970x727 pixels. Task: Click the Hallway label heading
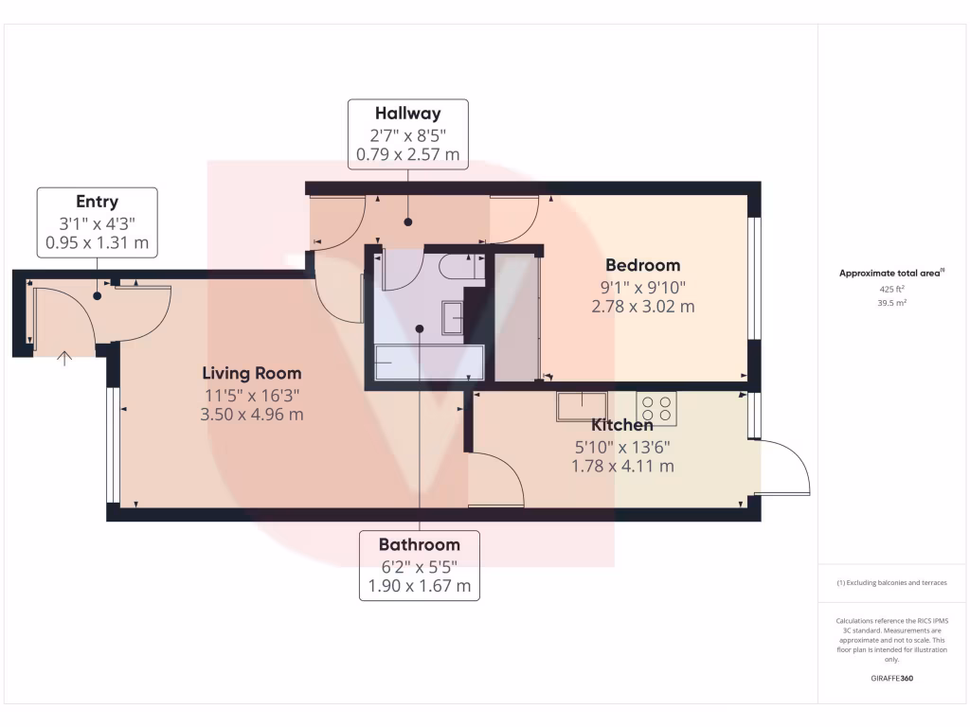click(x=408, y=114)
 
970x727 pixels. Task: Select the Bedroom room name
click(x=643, y=265)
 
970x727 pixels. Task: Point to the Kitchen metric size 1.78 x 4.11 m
click(x=622, y=466)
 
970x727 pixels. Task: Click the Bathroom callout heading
click(x=419, y=544)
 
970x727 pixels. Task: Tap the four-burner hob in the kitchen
click(x=656, y=408)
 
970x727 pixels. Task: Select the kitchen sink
click(x=582, y=406)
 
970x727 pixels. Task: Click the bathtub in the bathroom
click(x=429, y=362)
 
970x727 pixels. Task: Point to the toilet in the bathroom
click(x=463, y=268)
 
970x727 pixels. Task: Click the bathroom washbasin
click(x=453, y=317)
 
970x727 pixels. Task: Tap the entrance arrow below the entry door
click(x=64, y=358)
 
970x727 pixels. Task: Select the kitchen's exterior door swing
click(x=783, y=468)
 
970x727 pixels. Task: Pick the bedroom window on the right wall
click(x=754, y=278)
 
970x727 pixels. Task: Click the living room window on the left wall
click(x=113, y=444)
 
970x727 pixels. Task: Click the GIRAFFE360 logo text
click(x=890, y=679)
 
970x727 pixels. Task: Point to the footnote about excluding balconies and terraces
click(x=890, y=583)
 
